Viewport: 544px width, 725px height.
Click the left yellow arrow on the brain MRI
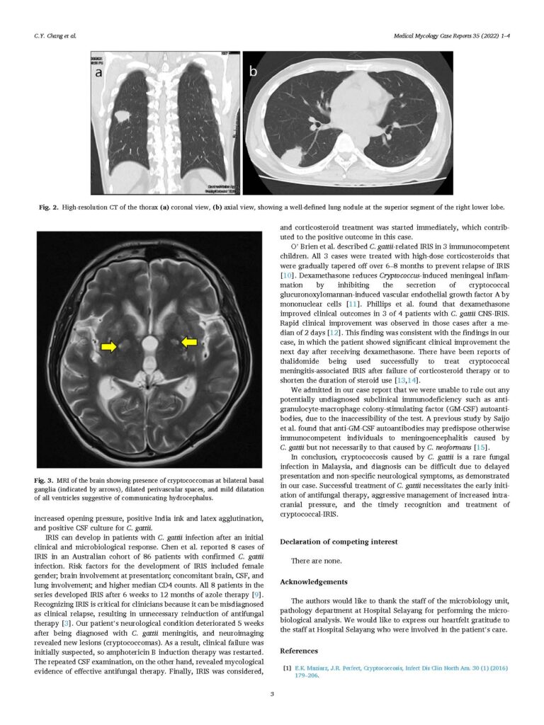click(108, 346)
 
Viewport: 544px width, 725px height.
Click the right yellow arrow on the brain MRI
click(188, 343)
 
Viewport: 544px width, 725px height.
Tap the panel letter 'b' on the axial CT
click(253, 71)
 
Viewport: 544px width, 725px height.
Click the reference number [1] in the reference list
click(286, 668)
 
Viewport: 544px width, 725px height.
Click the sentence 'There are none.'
click(314, 561)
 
